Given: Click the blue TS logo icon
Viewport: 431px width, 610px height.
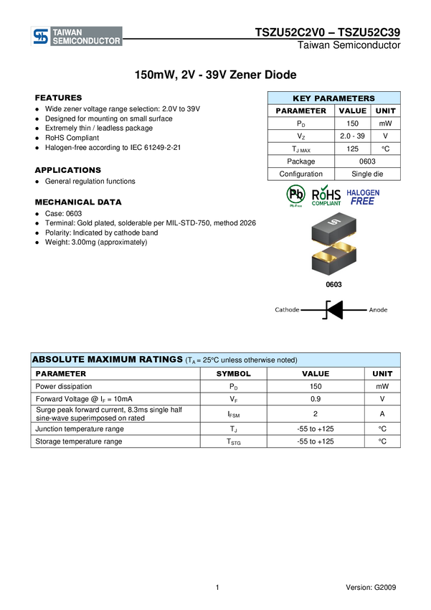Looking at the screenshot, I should [x=41, y=37].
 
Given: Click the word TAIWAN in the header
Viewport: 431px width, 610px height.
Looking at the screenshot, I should [x=69, y=32].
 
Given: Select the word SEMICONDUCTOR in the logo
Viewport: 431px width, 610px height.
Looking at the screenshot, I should [x=86, y=42].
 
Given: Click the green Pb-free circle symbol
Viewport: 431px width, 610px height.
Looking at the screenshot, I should [x=295, y=195].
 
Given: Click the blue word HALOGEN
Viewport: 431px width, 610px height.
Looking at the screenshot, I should [x=363, y=192].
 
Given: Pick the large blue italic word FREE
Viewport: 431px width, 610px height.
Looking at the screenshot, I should [x=363, y=202].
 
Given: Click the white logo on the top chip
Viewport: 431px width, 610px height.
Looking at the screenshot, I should [x=333, y=226].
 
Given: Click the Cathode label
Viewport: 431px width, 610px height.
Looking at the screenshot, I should [x=287, y=310].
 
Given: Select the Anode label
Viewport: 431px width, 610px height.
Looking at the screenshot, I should [x=378, y=310].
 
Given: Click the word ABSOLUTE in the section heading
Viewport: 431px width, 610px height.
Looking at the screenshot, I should [x=58, y=359].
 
